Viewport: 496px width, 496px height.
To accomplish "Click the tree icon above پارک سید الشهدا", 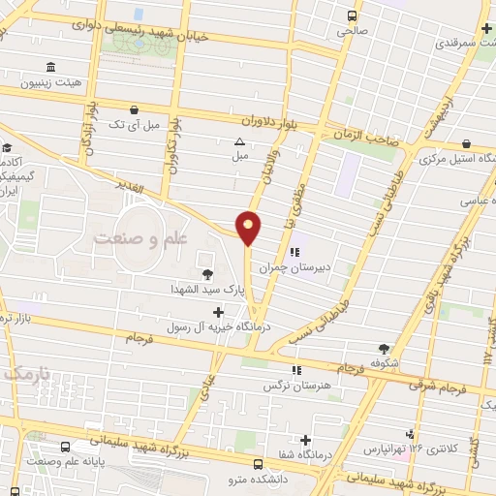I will [x=207, y=273].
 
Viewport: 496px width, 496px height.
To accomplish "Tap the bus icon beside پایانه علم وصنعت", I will [x=65, y=448].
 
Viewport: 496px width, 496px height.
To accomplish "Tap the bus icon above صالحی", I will [x=353, y=15].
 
